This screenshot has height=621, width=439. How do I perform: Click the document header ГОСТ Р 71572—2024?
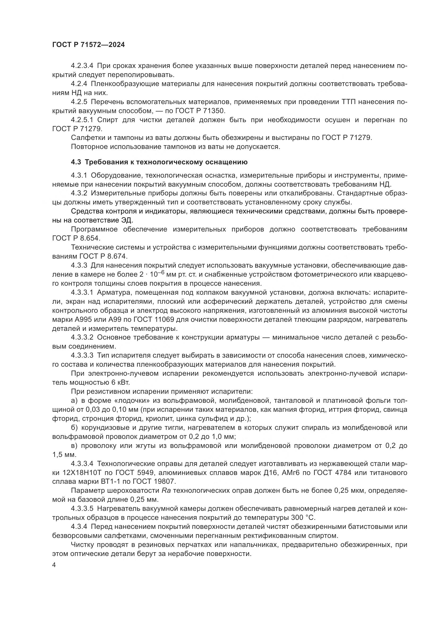[88, 45]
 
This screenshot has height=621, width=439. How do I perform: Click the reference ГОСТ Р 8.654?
[76, 238]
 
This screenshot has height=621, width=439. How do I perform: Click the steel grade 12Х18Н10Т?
[86, 473]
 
